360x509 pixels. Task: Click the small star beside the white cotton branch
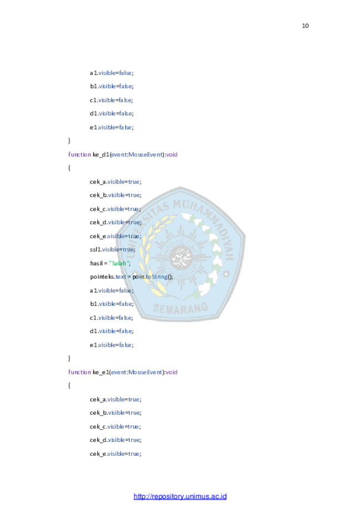coord(225,274)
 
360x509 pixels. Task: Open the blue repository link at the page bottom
coord(180,496)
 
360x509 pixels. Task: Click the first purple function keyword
coord(79,155)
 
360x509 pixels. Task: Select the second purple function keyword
coord(79,372)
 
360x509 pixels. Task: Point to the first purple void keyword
coord(172,155)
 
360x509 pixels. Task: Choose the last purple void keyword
coord(172,372)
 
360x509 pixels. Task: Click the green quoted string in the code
coord(115,263)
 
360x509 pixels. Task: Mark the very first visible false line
coord(115,73)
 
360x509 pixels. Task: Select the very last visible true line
coord(124,454)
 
